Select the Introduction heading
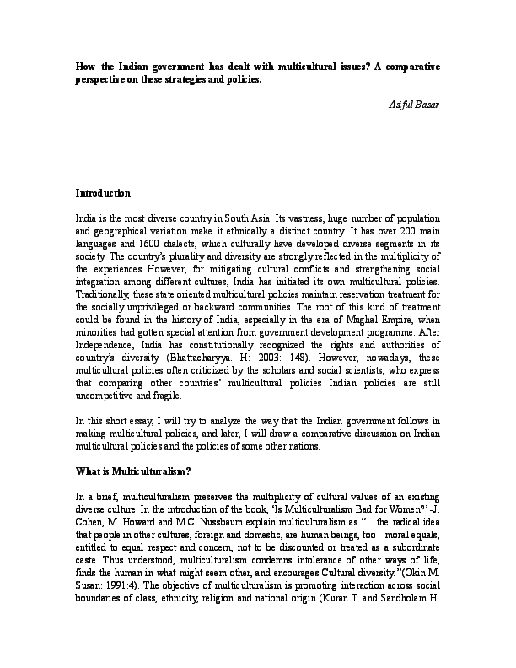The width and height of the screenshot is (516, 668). (x=103, y=193)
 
